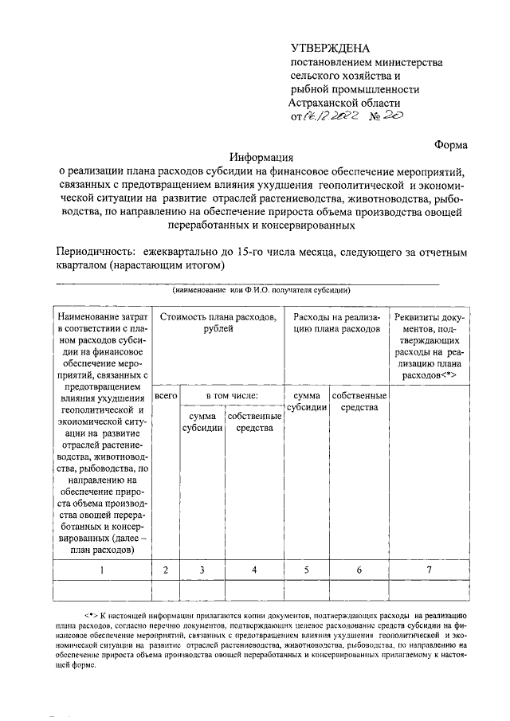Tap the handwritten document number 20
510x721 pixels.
tap(392, 116)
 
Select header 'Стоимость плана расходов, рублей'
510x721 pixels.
tap(218, 323)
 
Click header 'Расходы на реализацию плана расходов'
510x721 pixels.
tap(335, 323)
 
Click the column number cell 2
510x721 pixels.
tap(165, 570)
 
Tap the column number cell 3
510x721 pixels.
tap(202, 570)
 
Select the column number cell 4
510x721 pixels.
tap(254, 570)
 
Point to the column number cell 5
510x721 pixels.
tap(307, 570)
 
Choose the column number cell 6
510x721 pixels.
tap(359, 570)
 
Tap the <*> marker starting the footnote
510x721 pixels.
tap(90, 616)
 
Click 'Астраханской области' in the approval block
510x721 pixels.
tap(344, 103)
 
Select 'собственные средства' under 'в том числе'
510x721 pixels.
tap(254, 422)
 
